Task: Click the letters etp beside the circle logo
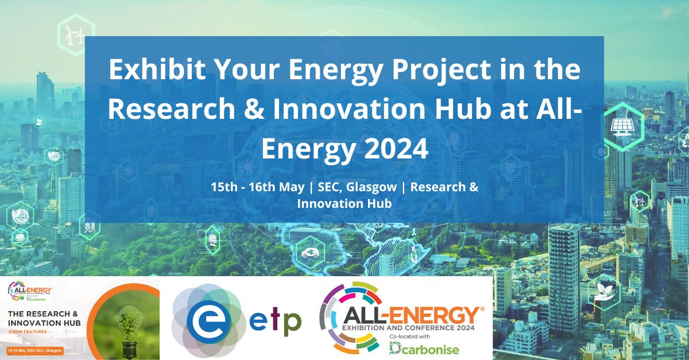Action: pyautogui.click(x=275, y=321)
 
